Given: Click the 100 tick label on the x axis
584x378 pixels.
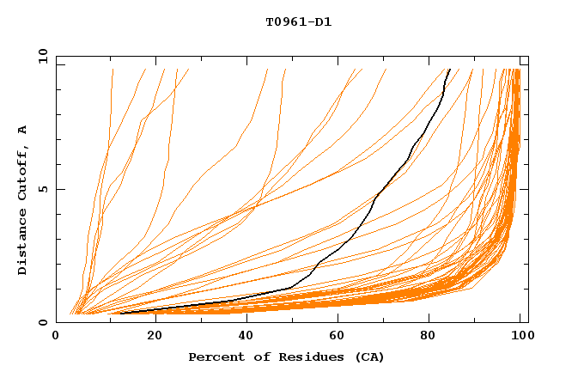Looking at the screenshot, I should [521, 337].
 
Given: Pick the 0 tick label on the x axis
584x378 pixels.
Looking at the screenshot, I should [57, 337].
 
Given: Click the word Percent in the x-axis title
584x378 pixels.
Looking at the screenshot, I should [214, 357].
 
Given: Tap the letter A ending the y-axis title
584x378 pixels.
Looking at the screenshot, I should [22, 130].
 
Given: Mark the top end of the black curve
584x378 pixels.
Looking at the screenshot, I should [449, 69].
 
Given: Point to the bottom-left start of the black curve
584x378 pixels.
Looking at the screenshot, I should [120, 313].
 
